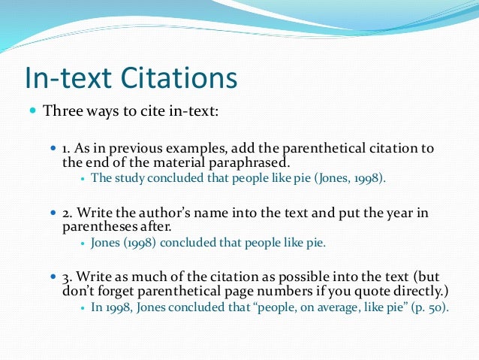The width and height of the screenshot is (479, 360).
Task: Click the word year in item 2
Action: [396, 213]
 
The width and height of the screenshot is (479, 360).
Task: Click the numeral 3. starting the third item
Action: [68, 277]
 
